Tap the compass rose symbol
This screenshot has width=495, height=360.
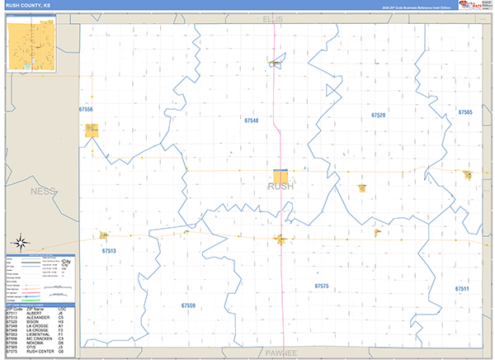(x=21, y=243)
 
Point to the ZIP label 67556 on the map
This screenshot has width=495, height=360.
(x=85, y=109)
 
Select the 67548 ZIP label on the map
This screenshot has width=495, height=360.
(x=251, y=121)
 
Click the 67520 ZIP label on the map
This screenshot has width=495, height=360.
(x=378, y=116)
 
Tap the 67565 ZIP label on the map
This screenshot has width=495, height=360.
(x=465, y=112)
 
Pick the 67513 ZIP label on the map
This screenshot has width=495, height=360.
(x=108, y=251)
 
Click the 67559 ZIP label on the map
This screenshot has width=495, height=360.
(x=188, y=306)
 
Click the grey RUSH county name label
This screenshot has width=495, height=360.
(x=280, y=187)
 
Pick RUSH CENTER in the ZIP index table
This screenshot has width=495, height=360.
(x=39, y=352)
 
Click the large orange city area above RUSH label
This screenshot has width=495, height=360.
(x=281, y=176)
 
